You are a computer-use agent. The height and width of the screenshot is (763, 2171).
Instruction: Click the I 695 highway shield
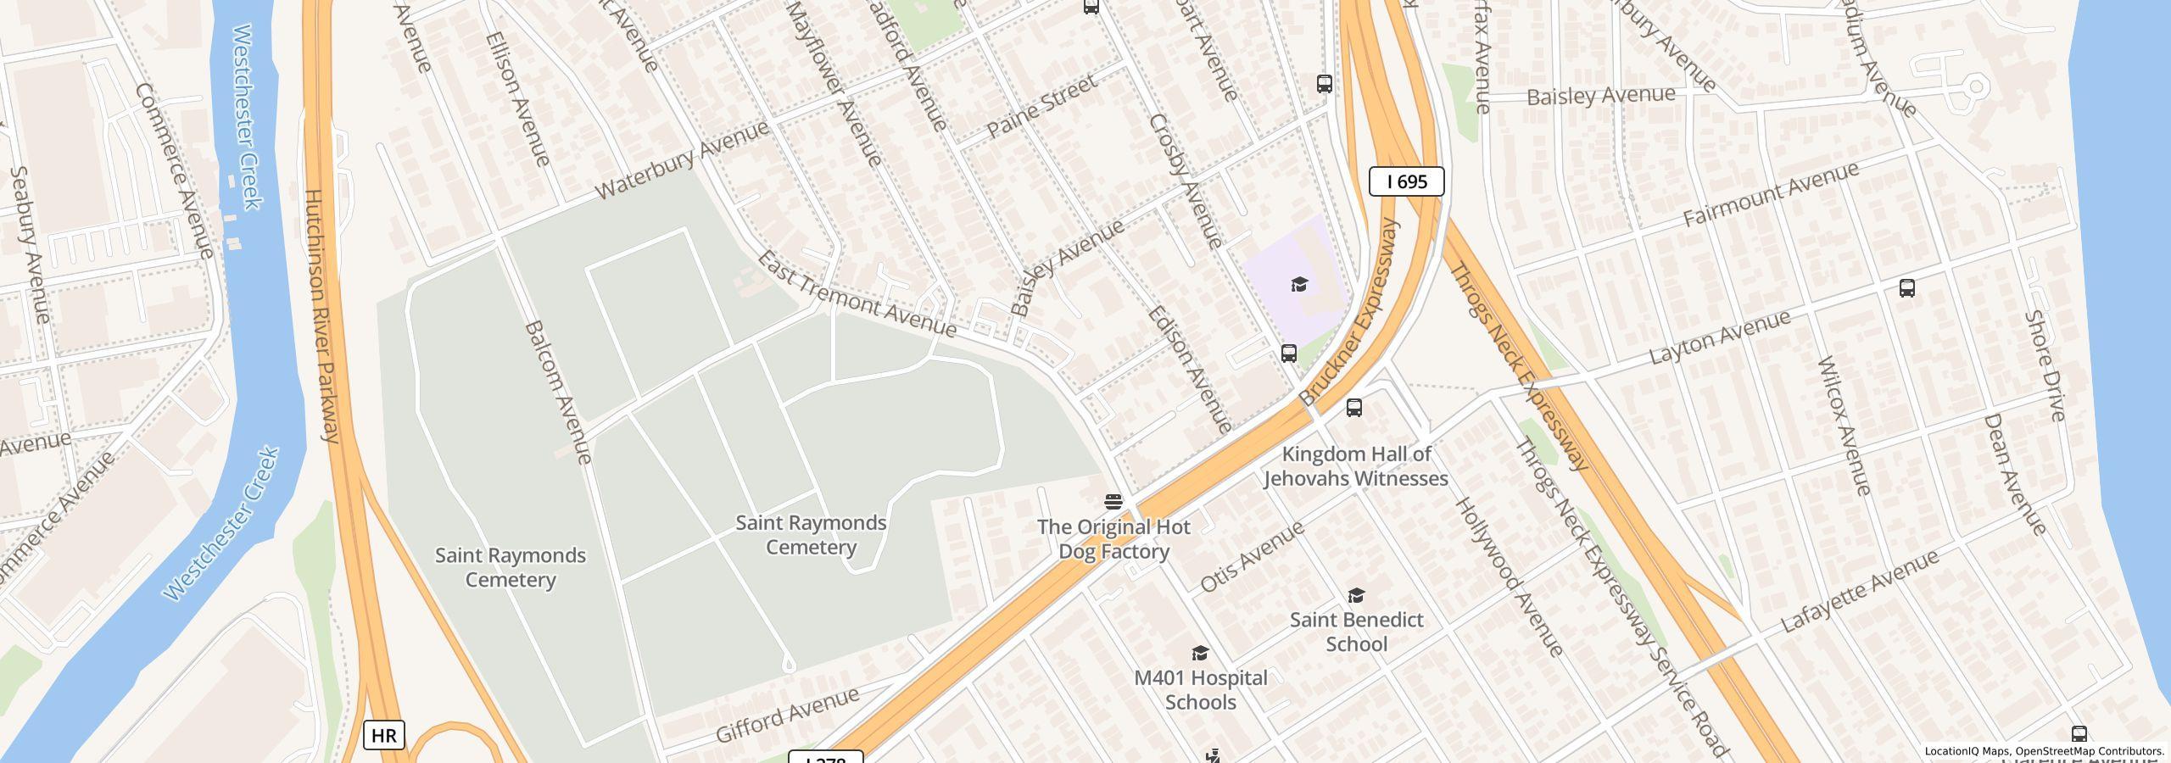tap(1406, 181)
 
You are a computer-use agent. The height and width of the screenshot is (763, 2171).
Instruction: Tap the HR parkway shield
tap(383, 735)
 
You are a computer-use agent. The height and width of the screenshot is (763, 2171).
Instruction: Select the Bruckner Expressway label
tap(1348, 312)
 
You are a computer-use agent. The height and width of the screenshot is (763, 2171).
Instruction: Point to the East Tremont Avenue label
tap(856, 293)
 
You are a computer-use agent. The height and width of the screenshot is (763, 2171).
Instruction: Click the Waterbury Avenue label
tap(682, 159)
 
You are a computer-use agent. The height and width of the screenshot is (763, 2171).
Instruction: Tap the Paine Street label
tap(1042, 106)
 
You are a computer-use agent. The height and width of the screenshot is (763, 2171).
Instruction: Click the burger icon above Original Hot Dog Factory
tap(1113, 502)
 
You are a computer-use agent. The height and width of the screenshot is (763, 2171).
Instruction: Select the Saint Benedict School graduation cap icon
tap(1356, 596)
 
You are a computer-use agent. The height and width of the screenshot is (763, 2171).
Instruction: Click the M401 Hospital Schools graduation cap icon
tap(1200, 653)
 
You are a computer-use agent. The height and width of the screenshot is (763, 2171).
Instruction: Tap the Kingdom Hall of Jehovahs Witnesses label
tap(1355, 466)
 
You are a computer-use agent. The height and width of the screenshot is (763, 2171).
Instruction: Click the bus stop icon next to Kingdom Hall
tap(1354, 408)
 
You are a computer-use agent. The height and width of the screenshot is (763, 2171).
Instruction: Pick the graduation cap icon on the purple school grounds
tap(1299, 284)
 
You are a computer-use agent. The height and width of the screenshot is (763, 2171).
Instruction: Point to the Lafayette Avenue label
tap(1859, 591)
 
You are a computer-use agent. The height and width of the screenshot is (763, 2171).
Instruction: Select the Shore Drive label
tap(2044, 365)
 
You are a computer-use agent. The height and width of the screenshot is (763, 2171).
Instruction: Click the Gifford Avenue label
tap(787, 716)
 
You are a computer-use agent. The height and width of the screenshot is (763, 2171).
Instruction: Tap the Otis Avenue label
tap(1252, 556)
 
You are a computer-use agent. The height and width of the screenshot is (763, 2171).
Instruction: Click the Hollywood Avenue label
tap(1509, 577)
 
